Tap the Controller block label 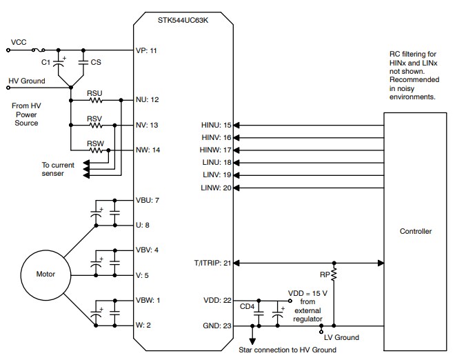pos(416,231)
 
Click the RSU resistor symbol pos(94,99)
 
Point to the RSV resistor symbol pos(94,125)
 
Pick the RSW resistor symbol pos(94,150)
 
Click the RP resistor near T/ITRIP pos(334,276)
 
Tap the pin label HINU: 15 pos(215,126)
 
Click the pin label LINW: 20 pos(215,188)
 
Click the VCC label pos(19,42)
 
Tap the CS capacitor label pos(96,62)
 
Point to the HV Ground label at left pos(27,81)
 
